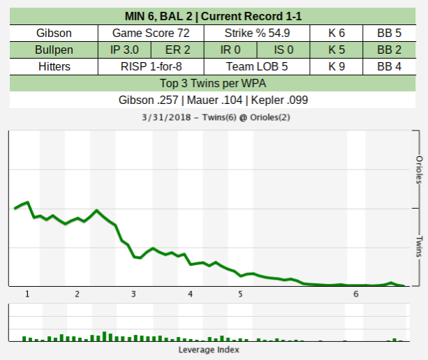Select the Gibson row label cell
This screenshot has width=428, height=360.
tap(53, 33)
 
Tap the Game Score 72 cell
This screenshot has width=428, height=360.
tap(150, 33)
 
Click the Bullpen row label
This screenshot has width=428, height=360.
tap(53, 50)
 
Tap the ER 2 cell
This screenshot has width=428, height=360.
tap(177, 50)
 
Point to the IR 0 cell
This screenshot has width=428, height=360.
tap(230, 50)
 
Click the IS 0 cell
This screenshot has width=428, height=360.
tap(283, 50)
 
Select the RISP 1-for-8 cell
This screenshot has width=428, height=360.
tap(150, 66)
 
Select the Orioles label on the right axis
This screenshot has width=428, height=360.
tap(420, 169)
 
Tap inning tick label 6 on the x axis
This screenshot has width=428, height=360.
tap(356, 294)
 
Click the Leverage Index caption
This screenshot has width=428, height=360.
tap(209, 349)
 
